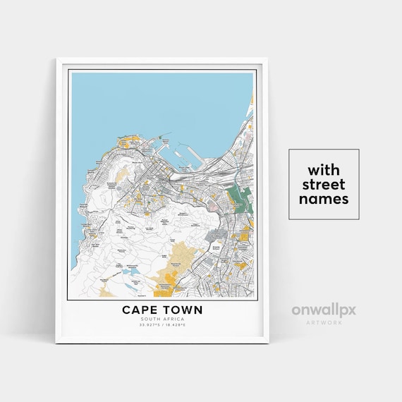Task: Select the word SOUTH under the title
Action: click(x=150, y=319)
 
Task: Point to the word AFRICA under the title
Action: click(x=173, y=319)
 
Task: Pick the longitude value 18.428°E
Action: click(x=176, y=325)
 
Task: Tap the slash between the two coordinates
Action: click(x=162, y=325)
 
